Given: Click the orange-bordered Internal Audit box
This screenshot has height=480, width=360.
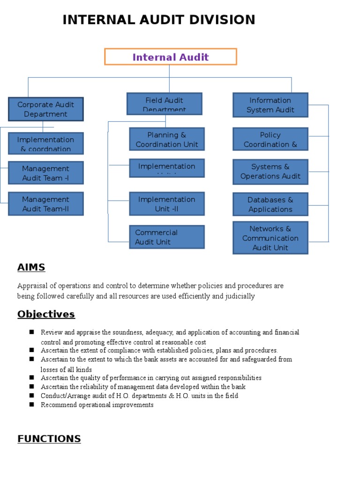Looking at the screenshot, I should pos(170,57).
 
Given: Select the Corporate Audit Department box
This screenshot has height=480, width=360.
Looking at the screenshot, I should pos(45,109).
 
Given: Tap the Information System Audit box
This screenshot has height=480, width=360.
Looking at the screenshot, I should pos(270,105).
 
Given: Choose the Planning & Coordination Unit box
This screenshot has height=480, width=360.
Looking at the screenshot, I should pos(166,139).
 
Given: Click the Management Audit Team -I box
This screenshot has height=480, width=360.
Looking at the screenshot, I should pos(45,173).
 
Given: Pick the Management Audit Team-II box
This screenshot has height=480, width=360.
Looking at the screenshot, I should pos(45,204).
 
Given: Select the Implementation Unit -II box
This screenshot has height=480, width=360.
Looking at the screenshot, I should pos(166,204).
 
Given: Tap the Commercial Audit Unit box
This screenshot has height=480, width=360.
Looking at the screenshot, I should pos(166,237).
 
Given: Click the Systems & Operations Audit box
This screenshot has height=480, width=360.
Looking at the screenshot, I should pos(270,172).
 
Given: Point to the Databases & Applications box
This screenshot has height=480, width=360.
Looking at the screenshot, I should pos(270,204).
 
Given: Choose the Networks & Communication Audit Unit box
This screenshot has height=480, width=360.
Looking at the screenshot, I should pos(270,238).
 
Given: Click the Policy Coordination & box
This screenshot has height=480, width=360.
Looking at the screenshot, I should pos(270,139).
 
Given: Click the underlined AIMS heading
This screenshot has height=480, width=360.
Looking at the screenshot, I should pos(31,268).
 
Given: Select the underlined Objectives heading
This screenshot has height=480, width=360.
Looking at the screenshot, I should pos(46,314).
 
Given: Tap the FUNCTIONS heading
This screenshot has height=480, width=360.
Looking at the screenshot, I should pos(49,439).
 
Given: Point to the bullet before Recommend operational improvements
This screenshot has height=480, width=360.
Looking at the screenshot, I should pos(31,405).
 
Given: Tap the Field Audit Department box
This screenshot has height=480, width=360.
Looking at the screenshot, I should pos(164,104).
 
